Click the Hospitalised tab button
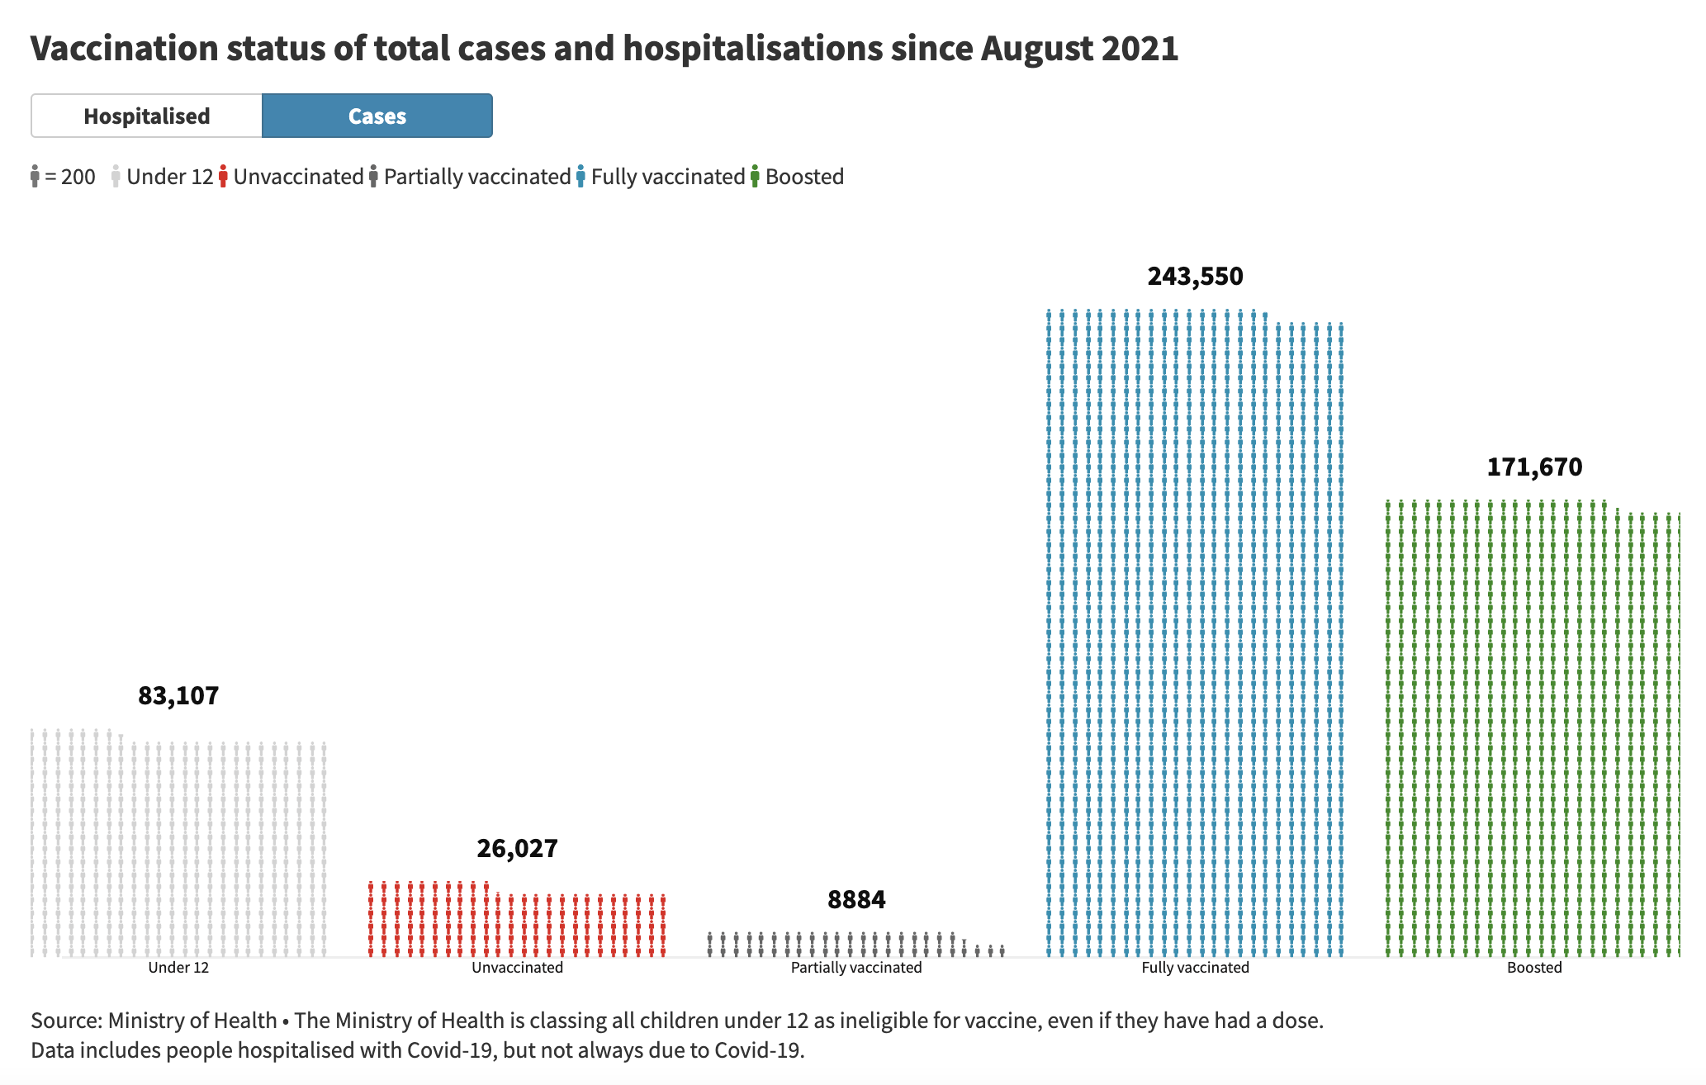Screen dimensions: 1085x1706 (147, 116)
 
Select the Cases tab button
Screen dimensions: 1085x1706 (377, 116)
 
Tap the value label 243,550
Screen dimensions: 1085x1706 (1195, 276)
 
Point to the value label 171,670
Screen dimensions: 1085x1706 (1534, 467)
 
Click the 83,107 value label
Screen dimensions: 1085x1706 (178, 696)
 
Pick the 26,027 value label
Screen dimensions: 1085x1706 (517, 849)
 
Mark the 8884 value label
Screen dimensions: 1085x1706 (856, 899)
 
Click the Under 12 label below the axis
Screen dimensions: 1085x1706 (178, 968)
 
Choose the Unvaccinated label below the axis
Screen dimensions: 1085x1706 (517, 968)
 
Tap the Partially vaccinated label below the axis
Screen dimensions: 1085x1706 (856, 968)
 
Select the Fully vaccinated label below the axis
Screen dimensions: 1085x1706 (1195, 968)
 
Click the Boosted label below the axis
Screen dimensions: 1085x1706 (1534, 968)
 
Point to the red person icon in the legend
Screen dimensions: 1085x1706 (223, 177)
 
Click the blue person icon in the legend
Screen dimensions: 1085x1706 (581, 177)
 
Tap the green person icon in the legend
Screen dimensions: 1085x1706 (755, 177)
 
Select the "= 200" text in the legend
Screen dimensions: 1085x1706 (70, 177)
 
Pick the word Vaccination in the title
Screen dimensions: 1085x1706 (124, 49)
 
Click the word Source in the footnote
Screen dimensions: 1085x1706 (64, 1021)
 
